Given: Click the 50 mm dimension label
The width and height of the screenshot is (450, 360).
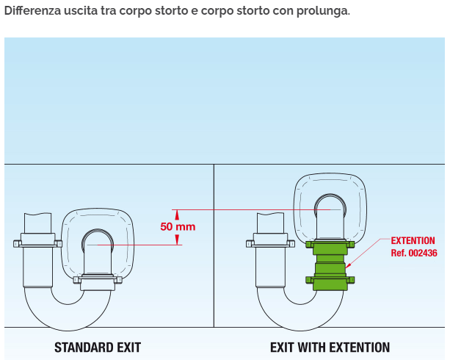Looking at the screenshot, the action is pyautogui.click(x=178, y=227).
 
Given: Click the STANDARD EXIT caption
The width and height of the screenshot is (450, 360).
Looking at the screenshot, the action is pyautogui.click(x=98, y=348).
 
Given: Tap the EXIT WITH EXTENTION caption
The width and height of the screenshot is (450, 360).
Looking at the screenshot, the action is pyautogui.click(x=330, y=348).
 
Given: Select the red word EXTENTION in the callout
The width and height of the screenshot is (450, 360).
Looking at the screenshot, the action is pyautogui.click(x=413, y=240).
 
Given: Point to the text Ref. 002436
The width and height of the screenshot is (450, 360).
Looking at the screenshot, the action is pyautogui.click(x=414, y=253).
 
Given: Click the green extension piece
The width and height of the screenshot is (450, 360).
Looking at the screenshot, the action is pyautogui.click(x=330, y=265).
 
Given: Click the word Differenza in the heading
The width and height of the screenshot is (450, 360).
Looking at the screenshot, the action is pyautogui.click(x=33, y=10).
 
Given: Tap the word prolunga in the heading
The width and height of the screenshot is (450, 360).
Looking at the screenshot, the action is pyautogui.click(x=322, y=11).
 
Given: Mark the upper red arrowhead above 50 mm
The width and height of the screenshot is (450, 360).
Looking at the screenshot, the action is pyautogui.click(x=177, y=215).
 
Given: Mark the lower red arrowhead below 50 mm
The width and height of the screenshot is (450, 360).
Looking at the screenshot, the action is pyautogui.click(x=177, y=240).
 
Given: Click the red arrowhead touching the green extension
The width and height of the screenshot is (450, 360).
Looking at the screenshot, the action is pyautogui.click(x=348, y=266).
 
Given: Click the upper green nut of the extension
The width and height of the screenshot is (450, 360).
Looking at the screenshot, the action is pyautogui.click(x=330, y=245).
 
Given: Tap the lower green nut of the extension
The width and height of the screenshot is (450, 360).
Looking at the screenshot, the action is pyautogui.click(x=330, y=280).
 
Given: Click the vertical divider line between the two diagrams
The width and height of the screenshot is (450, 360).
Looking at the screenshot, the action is pyautogui.click(x=214, y=245).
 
